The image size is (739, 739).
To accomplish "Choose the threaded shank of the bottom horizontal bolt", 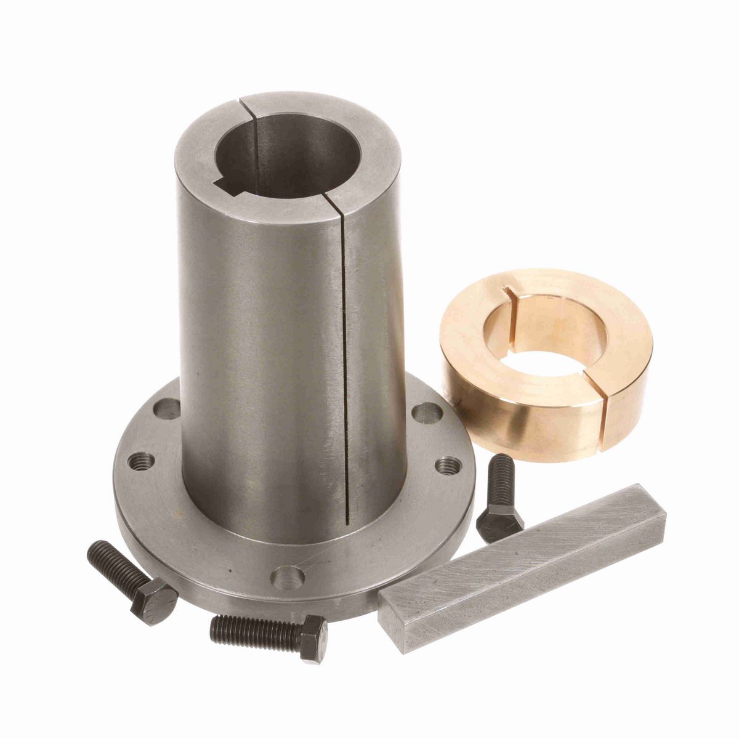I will point(252,631).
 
